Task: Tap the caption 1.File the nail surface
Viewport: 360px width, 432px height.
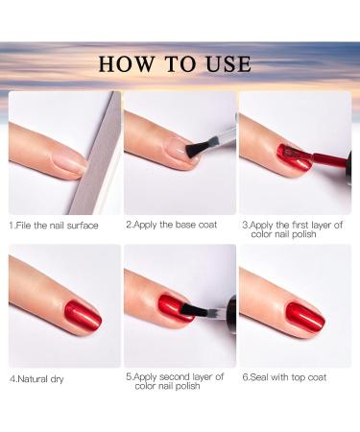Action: (x=54, y=226)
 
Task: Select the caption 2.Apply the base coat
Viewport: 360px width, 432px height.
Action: (x=171, y=225)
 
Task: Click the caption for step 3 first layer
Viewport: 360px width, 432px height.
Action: (x=292, y=230)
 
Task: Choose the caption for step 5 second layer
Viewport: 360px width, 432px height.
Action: (x=176, y=382)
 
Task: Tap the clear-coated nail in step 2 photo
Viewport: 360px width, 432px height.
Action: (x=176, y=150)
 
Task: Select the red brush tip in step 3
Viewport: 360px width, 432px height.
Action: (x=288, y=154)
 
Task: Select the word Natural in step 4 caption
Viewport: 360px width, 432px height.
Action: (x=36, y=377)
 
